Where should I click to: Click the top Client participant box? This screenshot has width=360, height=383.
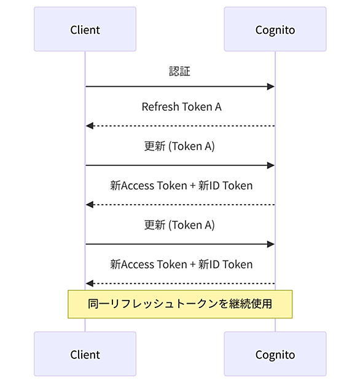(85, 29)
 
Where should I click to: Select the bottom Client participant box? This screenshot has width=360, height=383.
(85, 353)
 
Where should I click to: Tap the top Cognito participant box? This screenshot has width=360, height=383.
(275, 29)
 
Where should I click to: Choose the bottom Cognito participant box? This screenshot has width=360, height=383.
(275, 353)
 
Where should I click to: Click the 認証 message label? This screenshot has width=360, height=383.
(179, 71)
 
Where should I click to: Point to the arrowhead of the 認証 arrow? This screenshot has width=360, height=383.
(271, 87)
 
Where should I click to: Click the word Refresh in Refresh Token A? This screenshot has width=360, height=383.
(160, 107)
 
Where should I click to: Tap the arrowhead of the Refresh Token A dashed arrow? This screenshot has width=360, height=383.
(89, 126)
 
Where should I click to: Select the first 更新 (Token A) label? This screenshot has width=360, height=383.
(179, 146)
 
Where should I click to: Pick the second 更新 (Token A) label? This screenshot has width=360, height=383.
(179, 225)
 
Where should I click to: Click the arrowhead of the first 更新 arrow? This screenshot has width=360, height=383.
(271, 165)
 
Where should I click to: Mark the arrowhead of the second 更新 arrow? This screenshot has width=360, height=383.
(271, 244)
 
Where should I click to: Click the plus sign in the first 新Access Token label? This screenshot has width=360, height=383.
(192, 186)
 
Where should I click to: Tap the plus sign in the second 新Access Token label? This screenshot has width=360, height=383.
(192, 265)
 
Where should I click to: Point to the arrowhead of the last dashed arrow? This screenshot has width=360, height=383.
(89, 283)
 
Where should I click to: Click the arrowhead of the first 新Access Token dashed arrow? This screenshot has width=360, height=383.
(89, 205)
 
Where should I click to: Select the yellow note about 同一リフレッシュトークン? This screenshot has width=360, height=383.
(180, 304)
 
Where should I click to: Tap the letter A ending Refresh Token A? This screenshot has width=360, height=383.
(218, 107)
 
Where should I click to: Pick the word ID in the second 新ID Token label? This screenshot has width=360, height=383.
(214, 264)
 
